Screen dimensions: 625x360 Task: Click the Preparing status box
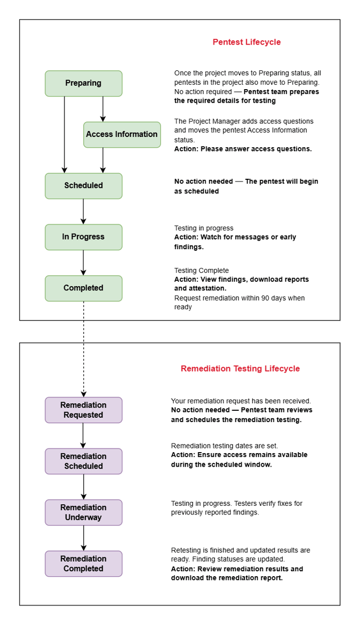point(83,83)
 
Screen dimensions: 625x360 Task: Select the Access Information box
point(122,134)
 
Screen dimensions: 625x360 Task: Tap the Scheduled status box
point(83,186)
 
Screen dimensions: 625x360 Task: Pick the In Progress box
point(83,237)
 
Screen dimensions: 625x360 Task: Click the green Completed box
point(83,288)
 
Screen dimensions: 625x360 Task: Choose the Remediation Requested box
point(83,410)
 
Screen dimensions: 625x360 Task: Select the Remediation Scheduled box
point(83,461)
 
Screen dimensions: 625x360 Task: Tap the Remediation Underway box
point(83,512)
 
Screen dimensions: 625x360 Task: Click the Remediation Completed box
point(83,563)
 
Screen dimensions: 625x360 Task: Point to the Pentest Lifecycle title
point(247,42)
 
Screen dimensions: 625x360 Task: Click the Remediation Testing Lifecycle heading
point(240,368)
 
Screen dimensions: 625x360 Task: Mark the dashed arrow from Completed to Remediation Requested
point(83,349)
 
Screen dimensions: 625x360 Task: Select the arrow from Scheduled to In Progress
point(83,211)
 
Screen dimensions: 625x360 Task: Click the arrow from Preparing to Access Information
point(103,109)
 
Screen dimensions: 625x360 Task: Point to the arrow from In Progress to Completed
point(83,263)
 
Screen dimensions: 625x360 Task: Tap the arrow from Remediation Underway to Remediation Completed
point(83,538)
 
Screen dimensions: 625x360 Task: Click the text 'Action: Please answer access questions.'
point(243,149)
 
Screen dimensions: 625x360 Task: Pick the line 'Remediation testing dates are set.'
point(224,446)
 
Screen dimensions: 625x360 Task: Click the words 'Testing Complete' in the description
point(201,270)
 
